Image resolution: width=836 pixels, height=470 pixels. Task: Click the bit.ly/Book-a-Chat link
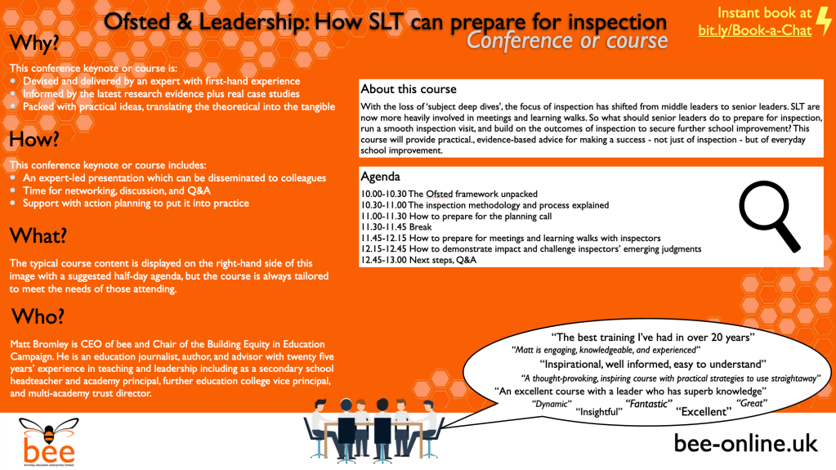point(755,30)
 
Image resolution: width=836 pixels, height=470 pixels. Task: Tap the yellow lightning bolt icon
point(824,21)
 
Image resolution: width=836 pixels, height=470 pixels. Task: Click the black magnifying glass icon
point(769,216)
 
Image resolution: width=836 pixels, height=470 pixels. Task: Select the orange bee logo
point(49,441)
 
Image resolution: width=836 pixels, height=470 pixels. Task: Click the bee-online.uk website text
point(745,443)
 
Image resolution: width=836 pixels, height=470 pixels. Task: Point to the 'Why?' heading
point(34,43)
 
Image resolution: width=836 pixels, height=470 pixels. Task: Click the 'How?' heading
point(34,140)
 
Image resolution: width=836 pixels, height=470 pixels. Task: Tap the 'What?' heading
point(38,235)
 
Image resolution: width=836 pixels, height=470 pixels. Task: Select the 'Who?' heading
point(38,316)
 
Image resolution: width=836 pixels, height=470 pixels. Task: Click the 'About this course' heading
point(409,89)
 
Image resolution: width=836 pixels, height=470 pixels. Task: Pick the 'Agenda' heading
point(380,177)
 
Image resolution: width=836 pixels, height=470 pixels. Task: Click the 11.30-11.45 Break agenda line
point(396,227)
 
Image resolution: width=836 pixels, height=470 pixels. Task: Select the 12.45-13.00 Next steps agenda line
point(418,260)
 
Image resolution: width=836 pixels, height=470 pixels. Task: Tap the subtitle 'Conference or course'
point(567,41)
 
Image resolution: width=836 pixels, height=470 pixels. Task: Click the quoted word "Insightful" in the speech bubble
point(599,412)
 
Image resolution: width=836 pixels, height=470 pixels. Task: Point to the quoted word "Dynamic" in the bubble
point(552,404)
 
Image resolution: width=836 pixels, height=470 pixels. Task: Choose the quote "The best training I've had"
point(653,337)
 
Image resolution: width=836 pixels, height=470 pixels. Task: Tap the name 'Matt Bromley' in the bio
point(37,344)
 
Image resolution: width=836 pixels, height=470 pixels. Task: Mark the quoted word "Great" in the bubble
point(752,403)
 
